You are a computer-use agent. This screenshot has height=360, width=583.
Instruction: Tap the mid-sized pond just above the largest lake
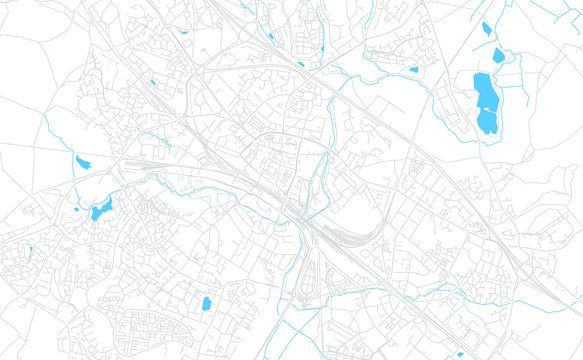(x=497, y=56)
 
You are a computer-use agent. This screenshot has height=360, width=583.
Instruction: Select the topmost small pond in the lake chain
(x=487, y=28)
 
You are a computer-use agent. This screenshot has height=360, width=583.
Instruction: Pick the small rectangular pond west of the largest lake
(x=414, y=70)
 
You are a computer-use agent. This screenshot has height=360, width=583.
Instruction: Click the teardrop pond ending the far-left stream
(x=82, y=162)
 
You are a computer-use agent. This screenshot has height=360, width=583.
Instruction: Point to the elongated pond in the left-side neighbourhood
(x=101, y=210)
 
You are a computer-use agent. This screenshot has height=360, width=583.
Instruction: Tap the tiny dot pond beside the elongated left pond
(x=77, y=209)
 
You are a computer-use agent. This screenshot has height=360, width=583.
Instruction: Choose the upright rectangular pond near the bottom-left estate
(x=206, y=303)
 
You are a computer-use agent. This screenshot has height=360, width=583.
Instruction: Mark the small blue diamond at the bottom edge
(x=460, y=353)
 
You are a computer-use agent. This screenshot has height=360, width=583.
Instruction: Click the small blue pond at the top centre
(x=270, y=38)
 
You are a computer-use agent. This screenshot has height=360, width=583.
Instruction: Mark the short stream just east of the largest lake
(x=520, y=95)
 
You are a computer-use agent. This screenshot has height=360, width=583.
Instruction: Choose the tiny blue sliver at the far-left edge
(x=31, y=250)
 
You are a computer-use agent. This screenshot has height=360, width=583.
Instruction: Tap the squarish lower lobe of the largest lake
(x=487, y=122)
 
